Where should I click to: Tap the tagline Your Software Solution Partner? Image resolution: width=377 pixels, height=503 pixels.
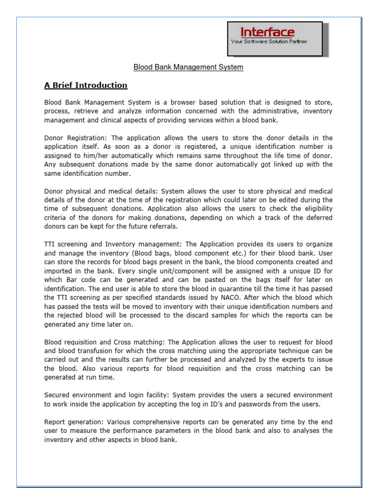coord(269,42)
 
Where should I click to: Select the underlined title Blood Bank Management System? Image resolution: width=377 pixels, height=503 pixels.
coord(189,67)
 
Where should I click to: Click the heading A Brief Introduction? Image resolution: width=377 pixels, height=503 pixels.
coord(86,85)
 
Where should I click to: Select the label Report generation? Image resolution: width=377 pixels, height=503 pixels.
coord(74,421)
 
